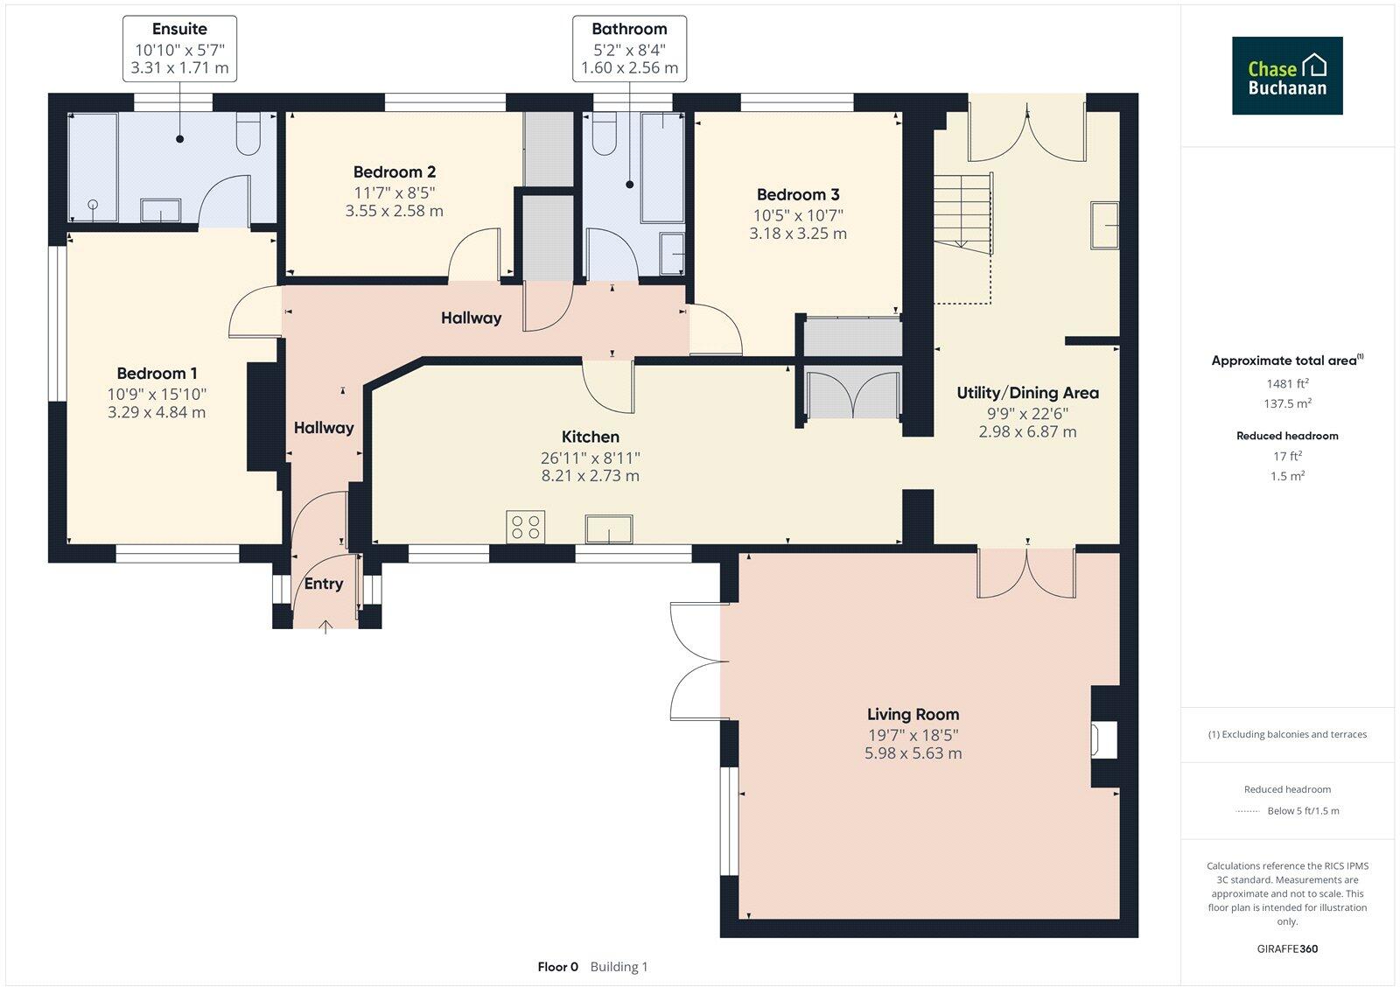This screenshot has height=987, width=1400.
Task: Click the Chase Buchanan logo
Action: click(1287, 75)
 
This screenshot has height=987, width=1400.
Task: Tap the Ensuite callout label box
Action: click(179, 48)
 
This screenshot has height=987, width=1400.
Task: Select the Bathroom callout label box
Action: click(629, 48)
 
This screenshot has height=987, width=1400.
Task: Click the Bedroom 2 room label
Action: click(395, 172)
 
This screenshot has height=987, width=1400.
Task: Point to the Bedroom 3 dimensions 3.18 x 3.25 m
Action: click(798, 234)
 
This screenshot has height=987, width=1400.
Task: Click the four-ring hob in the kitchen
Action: click(525, 527)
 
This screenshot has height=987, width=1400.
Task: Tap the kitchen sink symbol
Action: click(609, 528)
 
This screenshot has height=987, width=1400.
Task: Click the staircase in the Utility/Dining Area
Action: click(962, 213)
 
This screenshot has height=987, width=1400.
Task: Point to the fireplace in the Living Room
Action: click(1104, 738)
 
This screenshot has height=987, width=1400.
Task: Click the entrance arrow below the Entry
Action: click(325, 626)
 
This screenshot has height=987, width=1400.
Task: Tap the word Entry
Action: click(324, 584)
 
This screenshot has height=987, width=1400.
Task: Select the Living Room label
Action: click(913, 714)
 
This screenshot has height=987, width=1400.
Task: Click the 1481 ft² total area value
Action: click(1287, 383)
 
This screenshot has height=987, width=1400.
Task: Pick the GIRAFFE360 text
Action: click(1287, 948)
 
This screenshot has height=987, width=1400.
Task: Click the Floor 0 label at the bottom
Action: click(557, 967)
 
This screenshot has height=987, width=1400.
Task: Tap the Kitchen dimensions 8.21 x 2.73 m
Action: click(591, 476)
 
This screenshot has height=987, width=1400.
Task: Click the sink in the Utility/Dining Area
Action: click(1104, 225)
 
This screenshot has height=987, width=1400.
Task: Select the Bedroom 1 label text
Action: click(157, 374)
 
